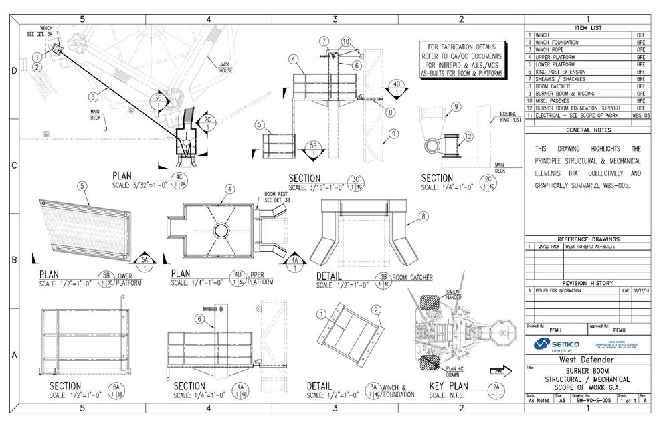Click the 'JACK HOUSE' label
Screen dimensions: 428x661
coord(225,67)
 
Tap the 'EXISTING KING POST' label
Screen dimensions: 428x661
coord(512,118)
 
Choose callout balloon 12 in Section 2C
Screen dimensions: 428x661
coord(468,136)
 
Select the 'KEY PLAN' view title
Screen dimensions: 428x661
coord(449,385)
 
